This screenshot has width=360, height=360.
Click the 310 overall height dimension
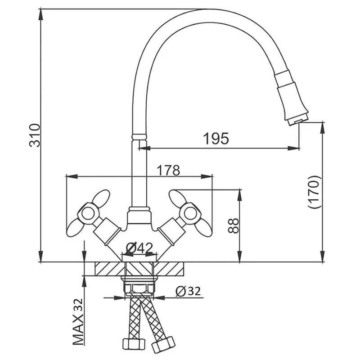(35, 135)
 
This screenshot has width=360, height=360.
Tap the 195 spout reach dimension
(216, 139)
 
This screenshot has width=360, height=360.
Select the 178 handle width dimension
(168, 170)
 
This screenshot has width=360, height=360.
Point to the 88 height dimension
(234, 226)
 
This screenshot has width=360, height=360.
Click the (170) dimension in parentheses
(314, 192)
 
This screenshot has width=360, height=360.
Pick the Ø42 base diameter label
(139, 247)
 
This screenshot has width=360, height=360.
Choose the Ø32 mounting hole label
(188, 291)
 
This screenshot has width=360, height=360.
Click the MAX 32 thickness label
(78, 322)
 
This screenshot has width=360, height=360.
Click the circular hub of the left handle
(88, 214)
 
